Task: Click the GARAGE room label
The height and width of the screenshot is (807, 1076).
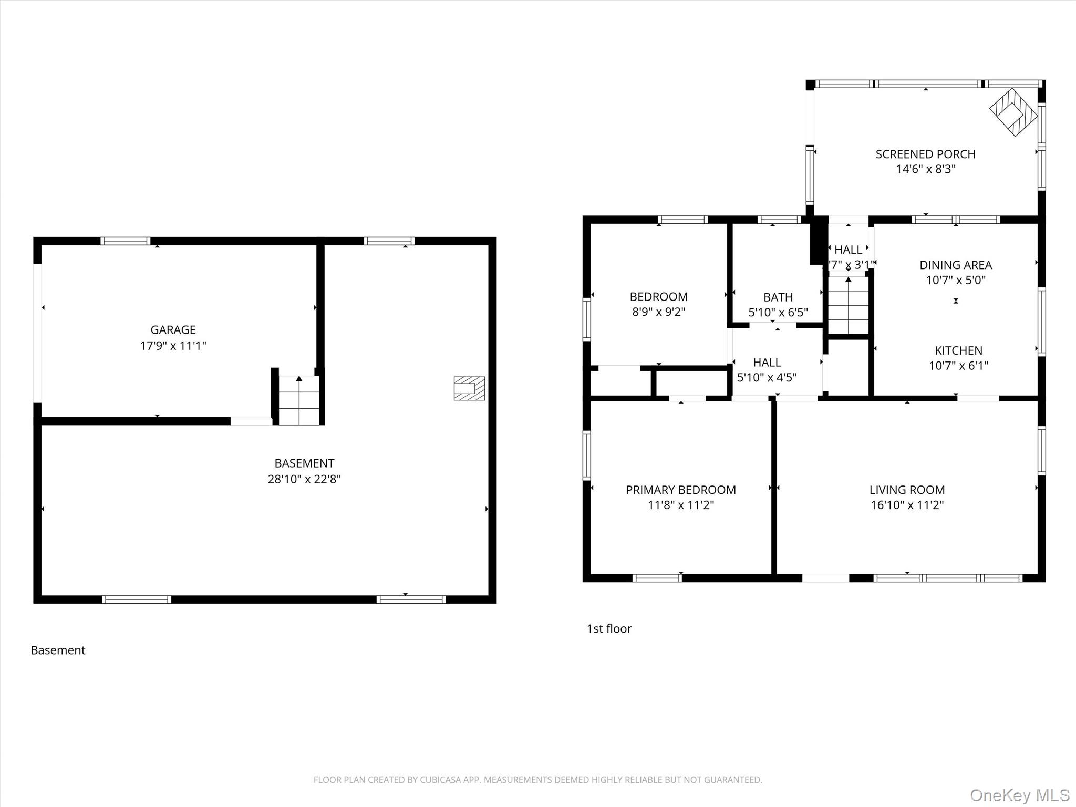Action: (173, 330)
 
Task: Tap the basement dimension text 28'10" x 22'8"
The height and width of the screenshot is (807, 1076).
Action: (304, 479)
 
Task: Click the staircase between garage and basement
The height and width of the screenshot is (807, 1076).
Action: (299, 400)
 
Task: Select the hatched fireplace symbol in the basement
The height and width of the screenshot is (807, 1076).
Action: (469, 388)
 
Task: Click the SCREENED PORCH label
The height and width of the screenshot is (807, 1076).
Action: (925, 154)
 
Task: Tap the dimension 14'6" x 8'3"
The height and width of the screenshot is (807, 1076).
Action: (925, 169)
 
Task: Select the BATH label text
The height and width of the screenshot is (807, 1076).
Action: (778, 297)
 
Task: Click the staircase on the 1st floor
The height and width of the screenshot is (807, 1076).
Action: (848, 305)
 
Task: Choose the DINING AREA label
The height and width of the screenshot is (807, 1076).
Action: (956, 265)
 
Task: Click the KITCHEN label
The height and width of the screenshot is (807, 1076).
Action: (958, 350)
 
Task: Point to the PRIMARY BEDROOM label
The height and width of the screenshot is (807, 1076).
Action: (680, 490)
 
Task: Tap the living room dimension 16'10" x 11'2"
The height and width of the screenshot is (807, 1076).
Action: (907, 505)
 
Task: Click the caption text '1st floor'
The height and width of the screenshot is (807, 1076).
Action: (609, 629)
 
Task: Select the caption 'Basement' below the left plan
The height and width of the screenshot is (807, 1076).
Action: (58, 650)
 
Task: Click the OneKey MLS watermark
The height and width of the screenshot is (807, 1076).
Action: (1019, 795)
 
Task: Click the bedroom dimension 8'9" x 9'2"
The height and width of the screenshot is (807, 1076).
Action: (658, 312)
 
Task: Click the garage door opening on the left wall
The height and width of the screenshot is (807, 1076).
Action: (37, 333)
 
